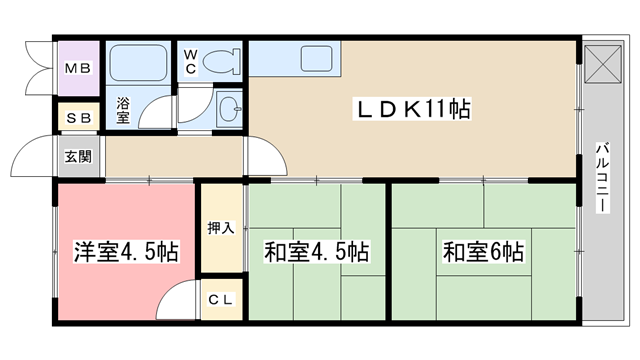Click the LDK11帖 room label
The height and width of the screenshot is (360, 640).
[413, 109]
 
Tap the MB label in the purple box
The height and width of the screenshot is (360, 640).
[78, 68]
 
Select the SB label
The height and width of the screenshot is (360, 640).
[78, 118]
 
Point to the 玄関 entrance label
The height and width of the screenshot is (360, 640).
[78, 156]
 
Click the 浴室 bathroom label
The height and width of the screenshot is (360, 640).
[123, 110]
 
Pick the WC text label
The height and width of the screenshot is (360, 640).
[190, 62]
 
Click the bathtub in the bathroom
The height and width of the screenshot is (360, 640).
[139, 62]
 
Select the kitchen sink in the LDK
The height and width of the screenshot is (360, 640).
[316, 59]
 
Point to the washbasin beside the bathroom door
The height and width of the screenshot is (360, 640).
[229, 109]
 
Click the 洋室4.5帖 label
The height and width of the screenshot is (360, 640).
[126, 251]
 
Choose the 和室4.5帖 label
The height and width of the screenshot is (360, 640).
[317, 251]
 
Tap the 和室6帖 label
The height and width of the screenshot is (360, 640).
[484, 251]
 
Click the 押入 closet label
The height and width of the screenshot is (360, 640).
[221, 228]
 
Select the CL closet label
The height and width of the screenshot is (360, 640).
[220, 300]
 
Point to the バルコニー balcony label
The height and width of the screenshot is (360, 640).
[602, 177]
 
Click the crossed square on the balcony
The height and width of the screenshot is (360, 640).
[603, 64]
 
